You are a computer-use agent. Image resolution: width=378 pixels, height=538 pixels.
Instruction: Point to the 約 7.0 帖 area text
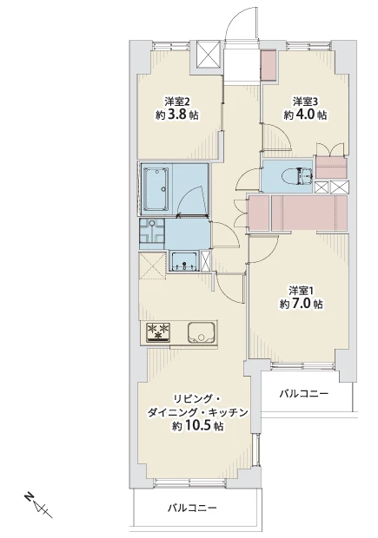(x=302, y=304)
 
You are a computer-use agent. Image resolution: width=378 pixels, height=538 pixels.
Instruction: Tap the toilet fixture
(x=300, y=176)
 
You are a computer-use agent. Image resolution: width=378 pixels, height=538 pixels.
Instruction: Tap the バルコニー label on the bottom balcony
(x=192, y=508)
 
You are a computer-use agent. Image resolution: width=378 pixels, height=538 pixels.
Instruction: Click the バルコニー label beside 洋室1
(x=304, y=393)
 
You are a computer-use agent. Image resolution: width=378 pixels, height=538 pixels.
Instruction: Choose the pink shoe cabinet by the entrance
(x=266, y=64)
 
